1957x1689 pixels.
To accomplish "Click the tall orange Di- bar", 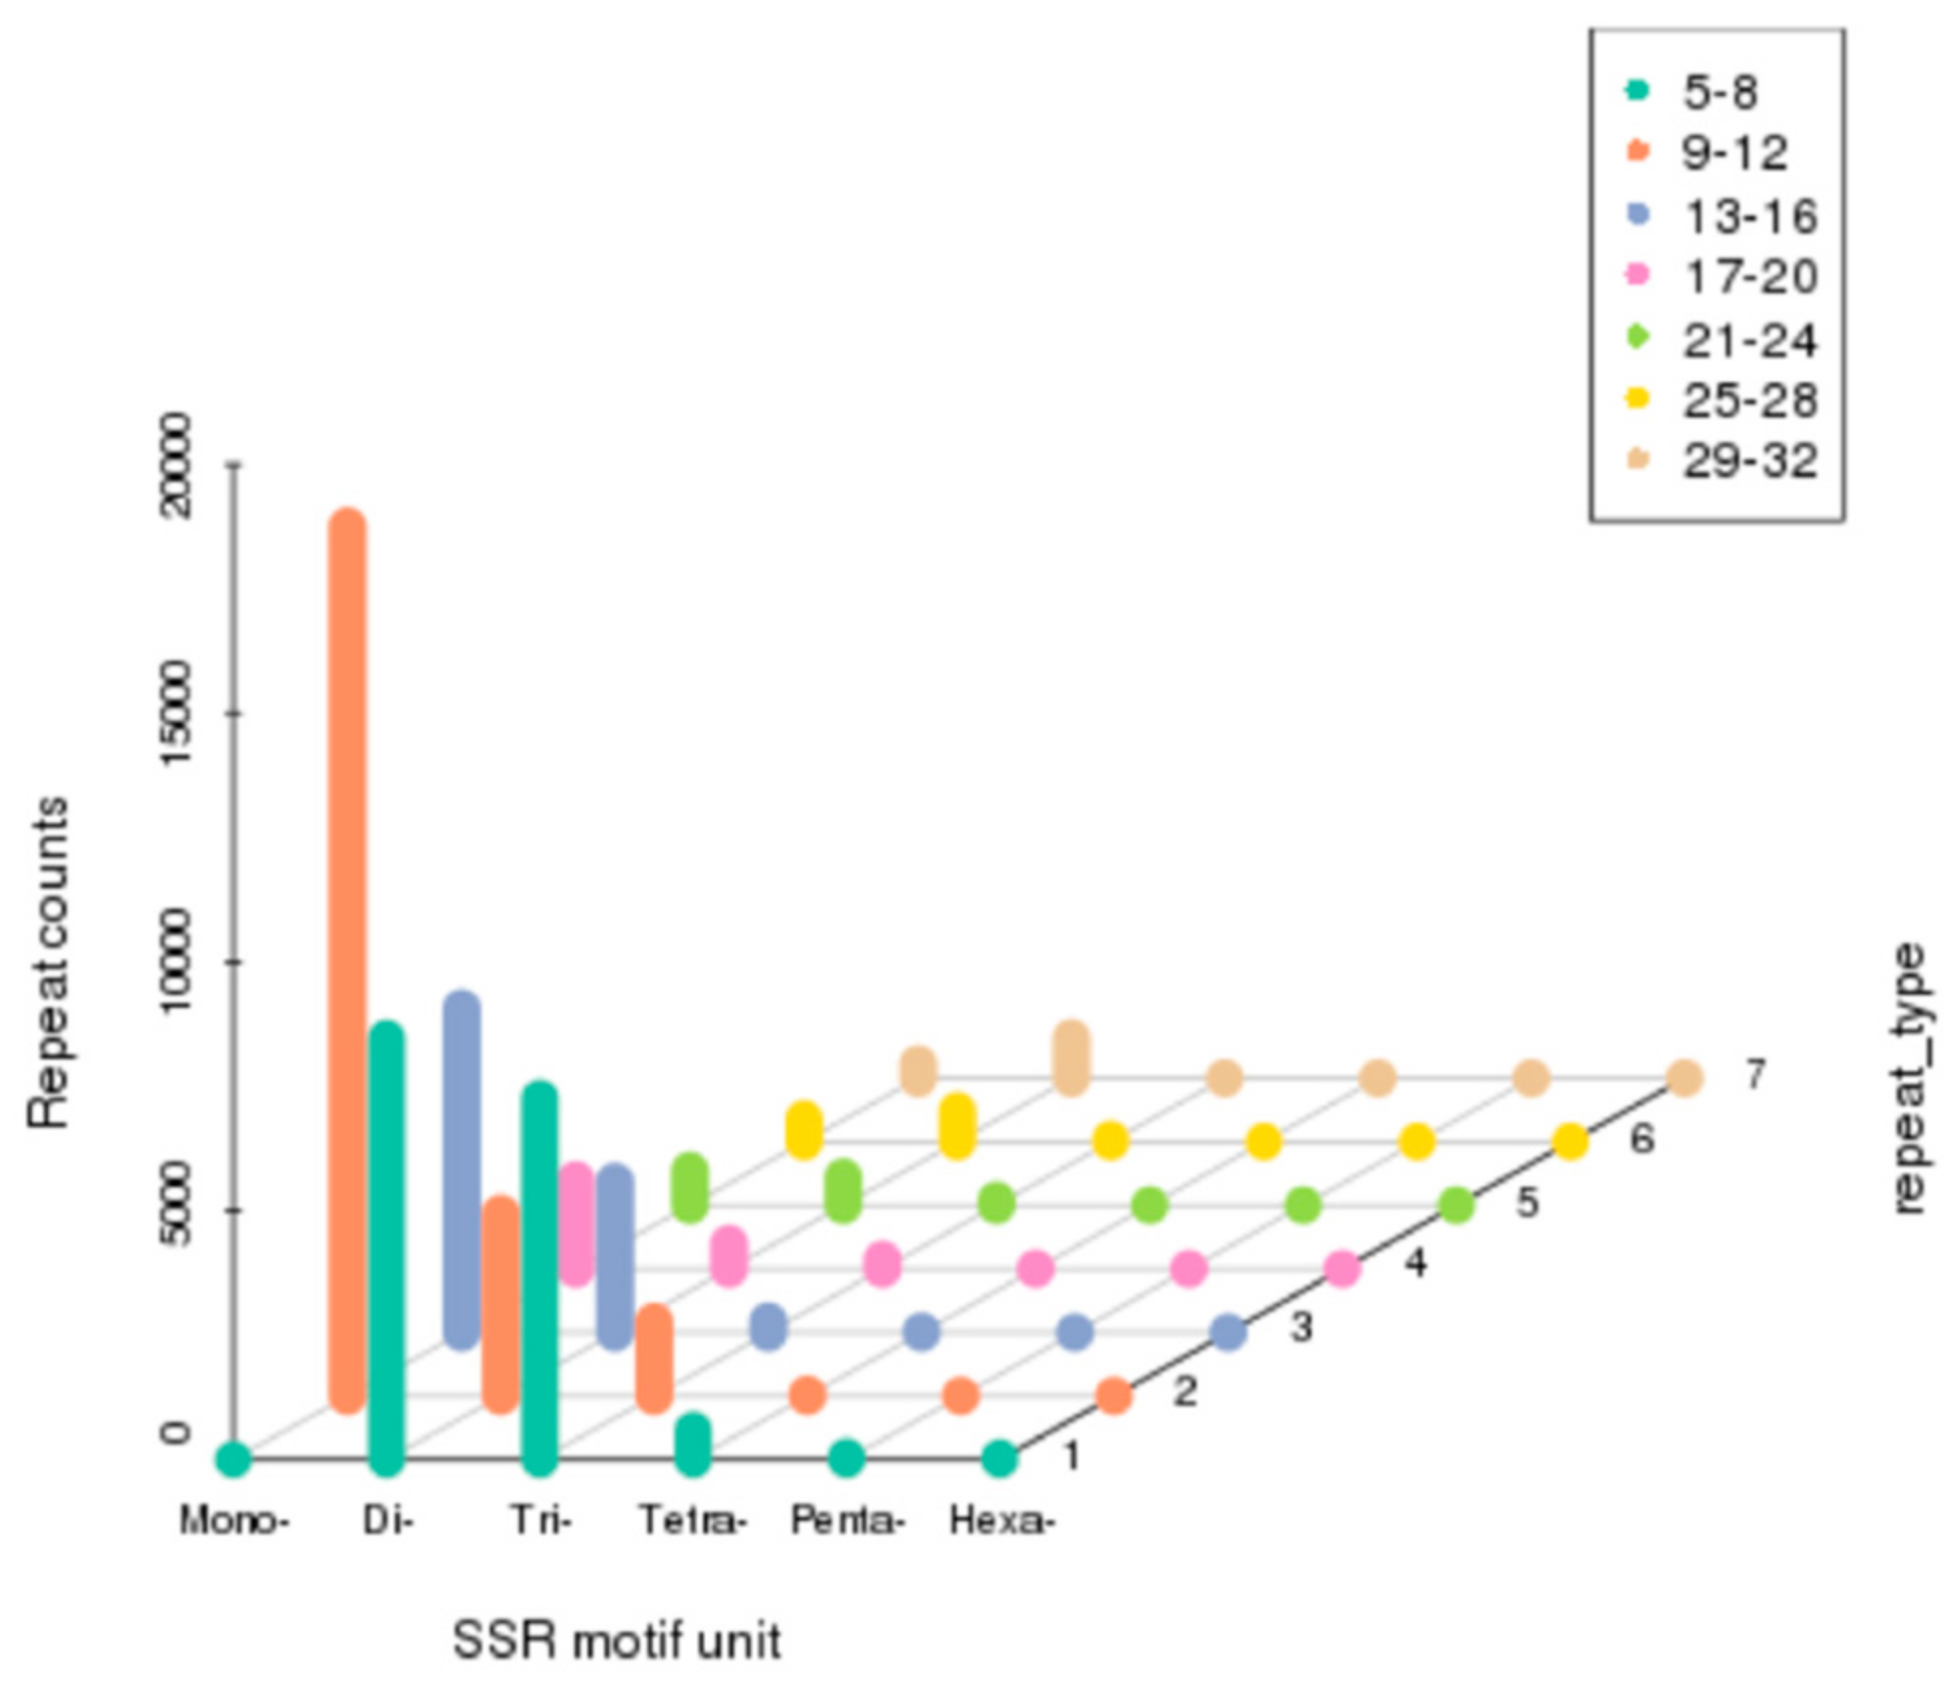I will tap(347, 958).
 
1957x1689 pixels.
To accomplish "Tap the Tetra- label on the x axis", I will tap(692, 1521).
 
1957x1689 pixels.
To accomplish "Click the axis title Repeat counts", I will tap(48, 962).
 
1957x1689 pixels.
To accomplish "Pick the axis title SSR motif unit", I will tap(616, 1640).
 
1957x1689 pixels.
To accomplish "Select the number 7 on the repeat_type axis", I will tap(1754, 1074).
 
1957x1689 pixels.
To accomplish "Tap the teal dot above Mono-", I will tap(234, 1459).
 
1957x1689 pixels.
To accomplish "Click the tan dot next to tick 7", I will tap(1684, 1078).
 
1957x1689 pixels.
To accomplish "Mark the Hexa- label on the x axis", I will tap(1000, 1521).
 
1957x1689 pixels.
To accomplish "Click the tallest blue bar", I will tap(461, 1170).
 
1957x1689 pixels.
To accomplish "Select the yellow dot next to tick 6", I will tap(1570, 1141).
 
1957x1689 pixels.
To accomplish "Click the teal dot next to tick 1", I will tap(999, 1458).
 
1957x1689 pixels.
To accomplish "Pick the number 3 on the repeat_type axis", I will tap(1301, 1328).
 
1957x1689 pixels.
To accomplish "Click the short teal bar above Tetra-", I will tap(692, 1443).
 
